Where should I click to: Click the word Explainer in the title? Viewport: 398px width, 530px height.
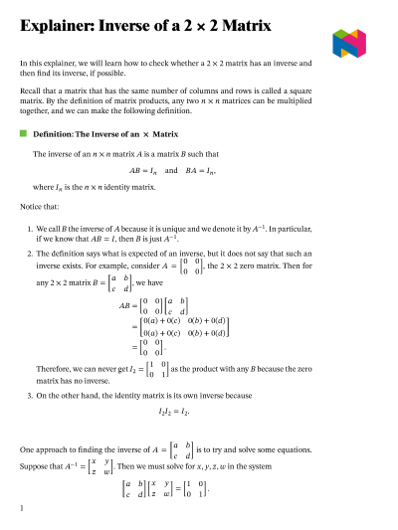pyautogui.click(x=56, y=28)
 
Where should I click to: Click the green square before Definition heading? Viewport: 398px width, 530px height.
pyautogui.click(x=24, y=132)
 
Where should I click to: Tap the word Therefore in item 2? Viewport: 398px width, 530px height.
pyautogui.click(x=55, y=368)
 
